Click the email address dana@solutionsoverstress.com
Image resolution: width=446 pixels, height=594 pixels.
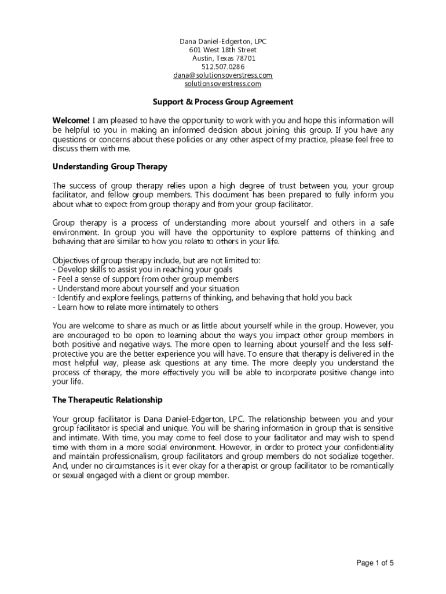(x=223, y=75)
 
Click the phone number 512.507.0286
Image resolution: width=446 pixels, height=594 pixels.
(x=223, y=67)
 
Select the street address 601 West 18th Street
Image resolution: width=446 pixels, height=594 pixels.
(x=223, y=50)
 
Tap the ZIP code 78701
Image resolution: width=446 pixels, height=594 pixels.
(x=244, y=59)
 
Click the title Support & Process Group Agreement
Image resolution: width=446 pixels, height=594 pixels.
(x=223, y=102)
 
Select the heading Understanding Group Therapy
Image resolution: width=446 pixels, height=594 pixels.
(x=110, y=166)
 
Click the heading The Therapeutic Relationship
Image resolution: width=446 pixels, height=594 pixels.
(x=107, y=400)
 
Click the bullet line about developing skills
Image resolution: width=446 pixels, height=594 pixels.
(x=142, y=270)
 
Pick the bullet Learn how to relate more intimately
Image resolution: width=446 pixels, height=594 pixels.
(x=136, y=307)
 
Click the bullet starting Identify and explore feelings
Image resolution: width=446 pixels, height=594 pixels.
(x=202, y=298)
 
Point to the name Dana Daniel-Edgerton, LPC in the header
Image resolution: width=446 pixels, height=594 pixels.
(x=223, y=42)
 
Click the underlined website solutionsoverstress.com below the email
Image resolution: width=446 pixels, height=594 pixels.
(x=223, y=84)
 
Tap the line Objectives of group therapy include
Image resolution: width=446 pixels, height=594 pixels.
(x=156, y=260)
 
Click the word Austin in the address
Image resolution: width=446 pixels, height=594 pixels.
(x=202, y=59)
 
